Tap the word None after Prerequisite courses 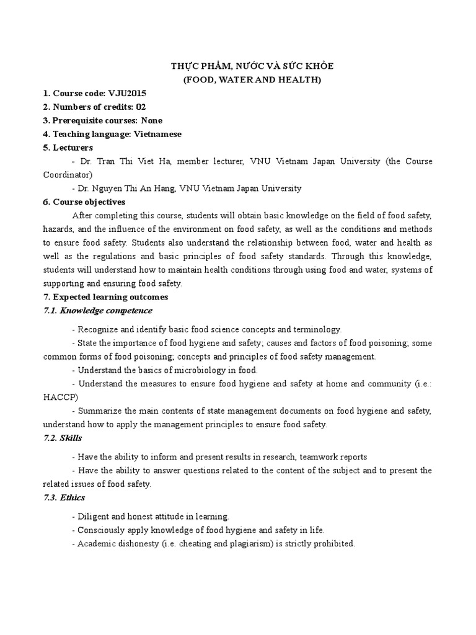[151, 120]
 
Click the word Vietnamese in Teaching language [158, 134]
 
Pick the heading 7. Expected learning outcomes [105, 297]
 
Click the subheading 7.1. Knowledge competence [97, 310]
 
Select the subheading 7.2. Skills [62, 438]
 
